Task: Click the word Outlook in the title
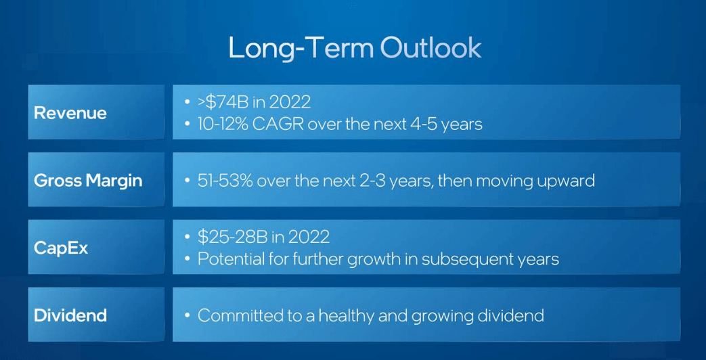(431, 48)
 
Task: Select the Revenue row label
(70, 113)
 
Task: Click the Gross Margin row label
(88, 181)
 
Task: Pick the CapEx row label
(61, 248)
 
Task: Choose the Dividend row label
(70, 315)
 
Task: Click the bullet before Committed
(187, 315)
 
